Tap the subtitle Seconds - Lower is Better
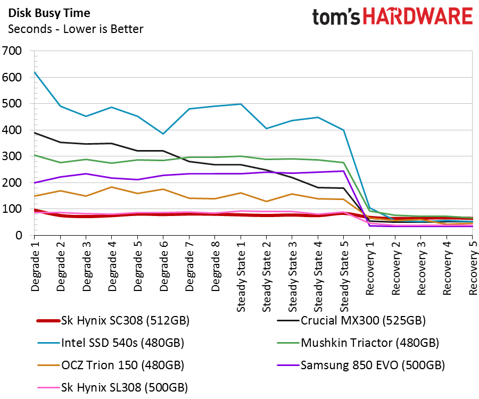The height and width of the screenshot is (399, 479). pos(76,29)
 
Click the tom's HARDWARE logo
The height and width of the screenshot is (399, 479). pos(392,17)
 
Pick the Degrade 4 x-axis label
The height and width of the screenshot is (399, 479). pos(112,266)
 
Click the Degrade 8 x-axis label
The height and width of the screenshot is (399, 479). pos(215,266)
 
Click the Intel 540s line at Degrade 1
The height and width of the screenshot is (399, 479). pos(35,72)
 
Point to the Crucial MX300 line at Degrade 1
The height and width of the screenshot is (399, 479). pos(35,132)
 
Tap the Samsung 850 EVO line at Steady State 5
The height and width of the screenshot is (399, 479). pos(343,171)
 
